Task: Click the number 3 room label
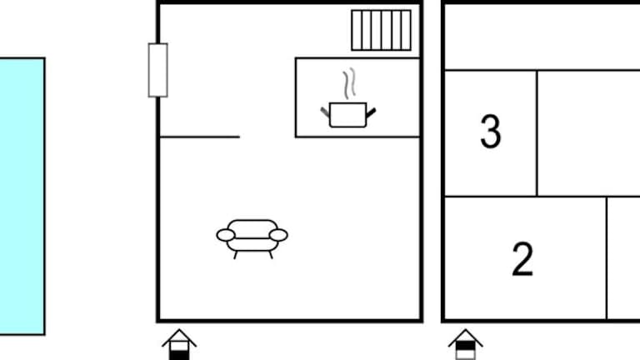pyautogui.click(x=490, y=131)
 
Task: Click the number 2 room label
pyautogui.click(x=522, y=259)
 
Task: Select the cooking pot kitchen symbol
pyautogui.click(x=347, y=115)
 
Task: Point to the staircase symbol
pyautogui.click(x=381, y=30)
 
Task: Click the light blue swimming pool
pyautogui.click(x=22, y=197)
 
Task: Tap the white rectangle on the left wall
pyautogui.click(x=158, y=70)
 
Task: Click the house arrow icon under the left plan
pyautogui.click(x=179, y=344)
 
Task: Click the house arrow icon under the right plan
pyautogui.click(x=466, y=344)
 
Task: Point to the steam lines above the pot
pyautogui.click(x=349, y=83)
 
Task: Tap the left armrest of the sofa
pyautogui.click(x=226, y=235)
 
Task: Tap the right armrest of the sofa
pyautogui.click(x=278, y=235)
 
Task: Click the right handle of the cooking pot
pyautogui.click(x=371, y=112)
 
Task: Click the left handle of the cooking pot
pyautogui.click(x=325, y=112)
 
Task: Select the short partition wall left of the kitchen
pyautogui.click(x=200, y=137)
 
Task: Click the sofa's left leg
pyautogui.click(x=236, y=255)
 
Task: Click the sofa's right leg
pyautogui.click(x=270, y=255)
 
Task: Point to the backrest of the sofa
pyautogui.click(x=252, y=228)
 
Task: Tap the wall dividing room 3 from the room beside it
pyautogui.click(x=537, y=133)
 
